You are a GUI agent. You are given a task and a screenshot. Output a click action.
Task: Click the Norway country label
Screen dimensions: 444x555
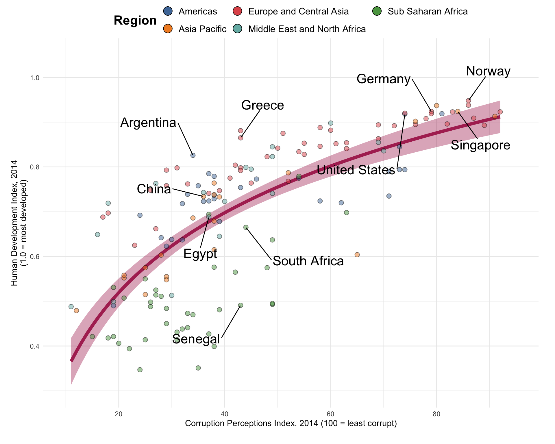(x=488, y=71)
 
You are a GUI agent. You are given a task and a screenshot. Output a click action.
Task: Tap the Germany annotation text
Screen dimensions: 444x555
(x=383, y=79)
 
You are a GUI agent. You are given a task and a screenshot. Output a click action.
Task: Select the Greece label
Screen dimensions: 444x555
(x=262, y=105)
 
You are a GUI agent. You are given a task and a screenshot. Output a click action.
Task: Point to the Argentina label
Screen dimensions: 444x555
(x=148, y=123)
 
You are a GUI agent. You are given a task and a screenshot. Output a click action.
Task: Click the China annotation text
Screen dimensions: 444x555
(x=154, y=189)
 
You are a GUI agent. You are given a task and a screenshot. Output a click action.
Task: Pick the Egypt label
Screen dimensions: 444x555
(x=200, y=254)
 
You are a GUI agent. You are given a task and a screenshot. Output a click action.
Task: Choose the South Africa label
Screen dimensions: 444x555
(x=308, y=261)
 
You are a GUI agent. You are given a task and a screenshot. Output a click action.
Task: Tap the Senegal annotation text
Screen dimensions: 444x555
(x=196, y=339)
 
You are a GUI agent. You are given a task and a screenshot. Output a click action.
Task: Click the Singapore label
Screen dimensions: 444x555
(x=480, y=145)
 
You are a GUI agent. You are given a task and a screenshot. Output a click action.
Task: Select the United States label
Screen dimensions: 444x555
(x=356, y=170)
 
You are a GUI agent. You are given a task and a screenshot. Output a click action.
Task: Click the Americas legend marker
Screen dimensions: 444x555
(x=168, y=11)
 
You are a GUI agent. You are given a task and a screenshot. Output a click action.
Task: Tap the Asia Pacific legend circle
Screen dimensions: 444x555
(x=168, y=29)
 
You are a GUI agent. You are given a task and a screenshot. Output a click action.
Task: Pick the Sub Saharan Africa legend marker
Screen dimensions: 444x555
(x=377, y=11)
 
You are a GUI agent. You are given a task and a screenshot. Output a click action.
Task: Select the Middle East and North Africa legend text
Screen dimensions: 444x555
(x=307, y=29)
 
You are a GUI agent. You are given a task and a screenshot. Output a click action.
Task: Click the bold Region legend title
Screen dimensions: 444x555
(x=135, y=21)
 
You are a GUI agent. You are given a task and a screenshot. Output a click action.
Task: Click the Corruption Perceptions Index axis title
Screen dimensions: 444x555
(x=291, y=423)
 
